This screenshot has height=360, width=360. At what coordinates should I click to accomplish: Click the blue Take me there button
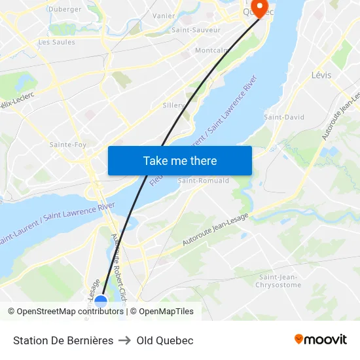point(180,160)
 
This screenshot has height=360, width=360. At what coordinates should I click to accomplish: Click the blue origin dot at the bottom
point(101,301)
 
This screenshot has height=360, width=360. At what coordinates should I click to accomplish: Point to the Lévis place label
point(321,75)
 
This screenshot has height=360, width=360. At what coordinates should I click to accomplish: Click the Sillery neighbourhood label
point(173,105)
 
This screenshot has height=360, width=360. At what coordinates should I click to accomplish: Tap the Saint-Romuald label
point(204,181)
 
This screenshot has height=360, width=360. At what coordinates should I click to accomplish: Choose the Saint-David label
point(284,117)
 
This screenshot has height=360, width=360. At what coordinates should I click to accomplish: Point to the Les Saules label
point(57,42)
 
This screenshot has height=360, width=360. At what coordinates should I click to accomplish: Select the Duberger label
point(65,9)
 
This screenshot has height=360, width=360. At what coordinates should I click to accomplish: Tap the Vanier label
point(163,16)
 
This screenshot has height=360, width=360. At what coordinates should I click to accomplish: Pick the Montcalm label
point(212,50)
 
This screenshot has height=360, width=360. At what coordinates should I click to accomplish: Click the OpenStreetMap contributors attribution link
point(70,312)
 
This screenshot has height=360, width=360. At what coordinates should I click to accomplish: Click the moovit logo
point(320,340)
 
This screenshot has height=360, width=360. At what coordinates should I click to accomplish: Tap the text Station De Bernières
point(63,340)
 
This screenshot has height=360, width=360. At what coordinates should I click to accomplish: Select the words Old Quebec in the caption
point(165,340)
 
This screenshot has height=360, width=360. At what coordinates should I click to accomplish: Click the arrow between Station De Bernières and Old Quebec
point(125,340)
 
